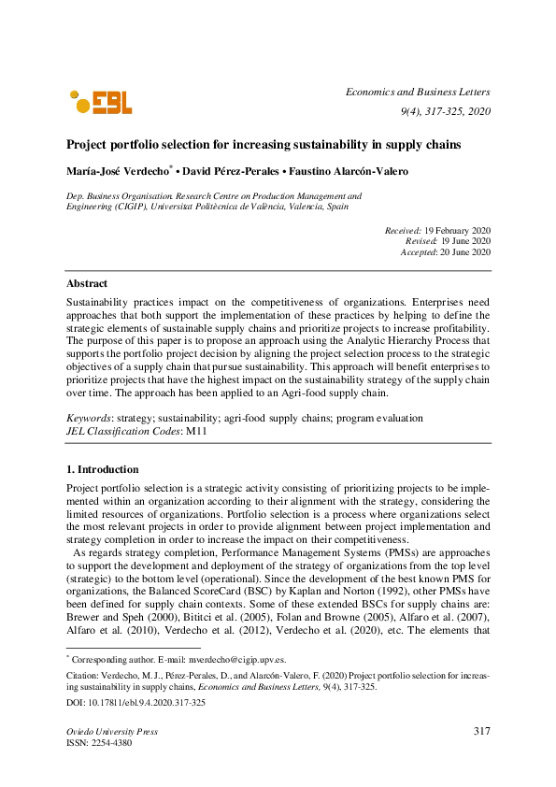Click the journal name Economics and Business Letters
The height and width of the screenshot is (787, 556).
tap(418, 92)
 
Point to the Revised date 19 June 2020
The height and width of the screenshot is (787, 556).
tap(464, 241)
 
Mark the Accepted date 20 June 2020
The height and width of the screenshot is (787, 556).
tap(465, 252)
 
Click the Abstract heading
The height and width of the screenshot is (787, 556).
tap(86, 283)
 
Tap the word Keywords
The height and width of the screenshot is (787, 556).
tap(87, 418)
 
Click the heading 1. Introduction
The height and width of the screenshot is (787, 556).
tap(102, 469)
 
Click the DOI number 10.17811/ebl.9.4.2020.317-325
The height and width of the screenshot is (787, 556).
tap(142, 702)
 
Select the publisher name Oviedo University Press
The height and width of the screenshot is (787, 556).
tap(111, 732)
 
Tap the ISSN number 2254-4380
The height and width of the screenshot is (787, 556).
tap(113, 744)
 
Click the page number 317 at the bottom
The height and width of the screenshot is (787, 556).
tap(481, 731)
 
